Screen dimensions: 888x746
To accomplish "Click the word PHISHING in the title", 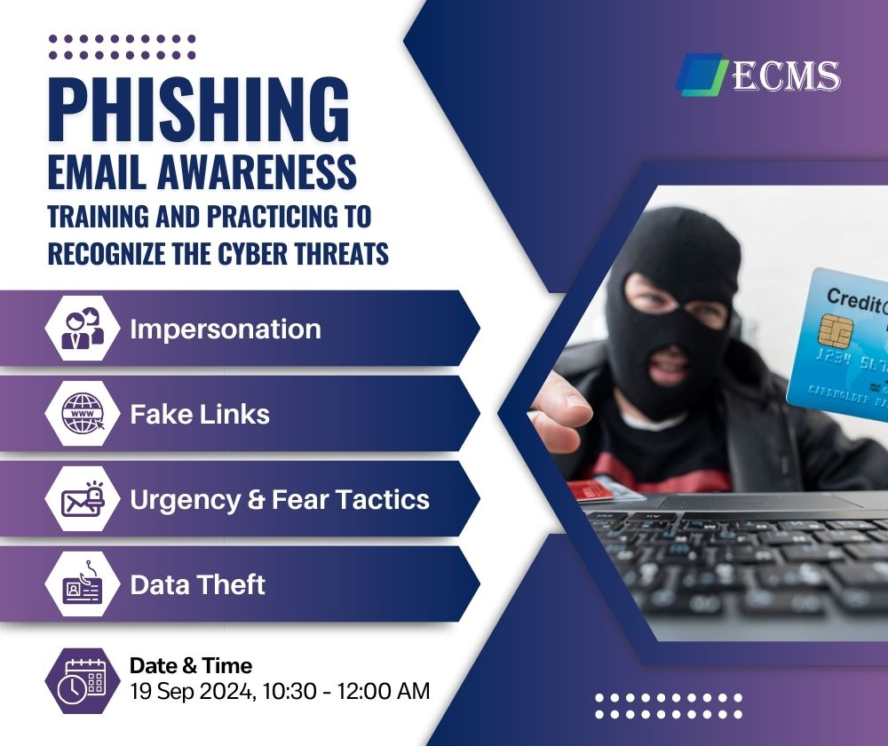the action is point(199,108).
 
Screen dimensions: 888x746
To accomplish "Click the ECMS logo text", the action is point(787,75).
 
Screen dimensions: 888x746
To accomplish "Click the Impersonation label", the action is point(226,329).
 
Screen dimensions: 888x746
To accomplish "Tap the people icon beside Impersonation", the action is point(83,328).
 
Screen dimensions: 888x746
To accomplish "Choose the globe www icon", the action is point(83,414).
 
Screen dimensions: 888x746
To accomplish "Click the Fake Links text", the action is point(200,414).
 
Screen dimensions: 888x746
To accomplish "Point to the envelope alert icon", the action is point(83,499).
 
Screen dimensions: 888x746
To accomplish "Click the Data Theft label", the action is point(198,584).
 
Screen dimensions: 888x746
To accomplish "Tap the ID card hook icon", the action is point(83,583).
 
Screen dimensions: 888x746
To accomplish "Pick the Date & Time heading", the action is point(191,665).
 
